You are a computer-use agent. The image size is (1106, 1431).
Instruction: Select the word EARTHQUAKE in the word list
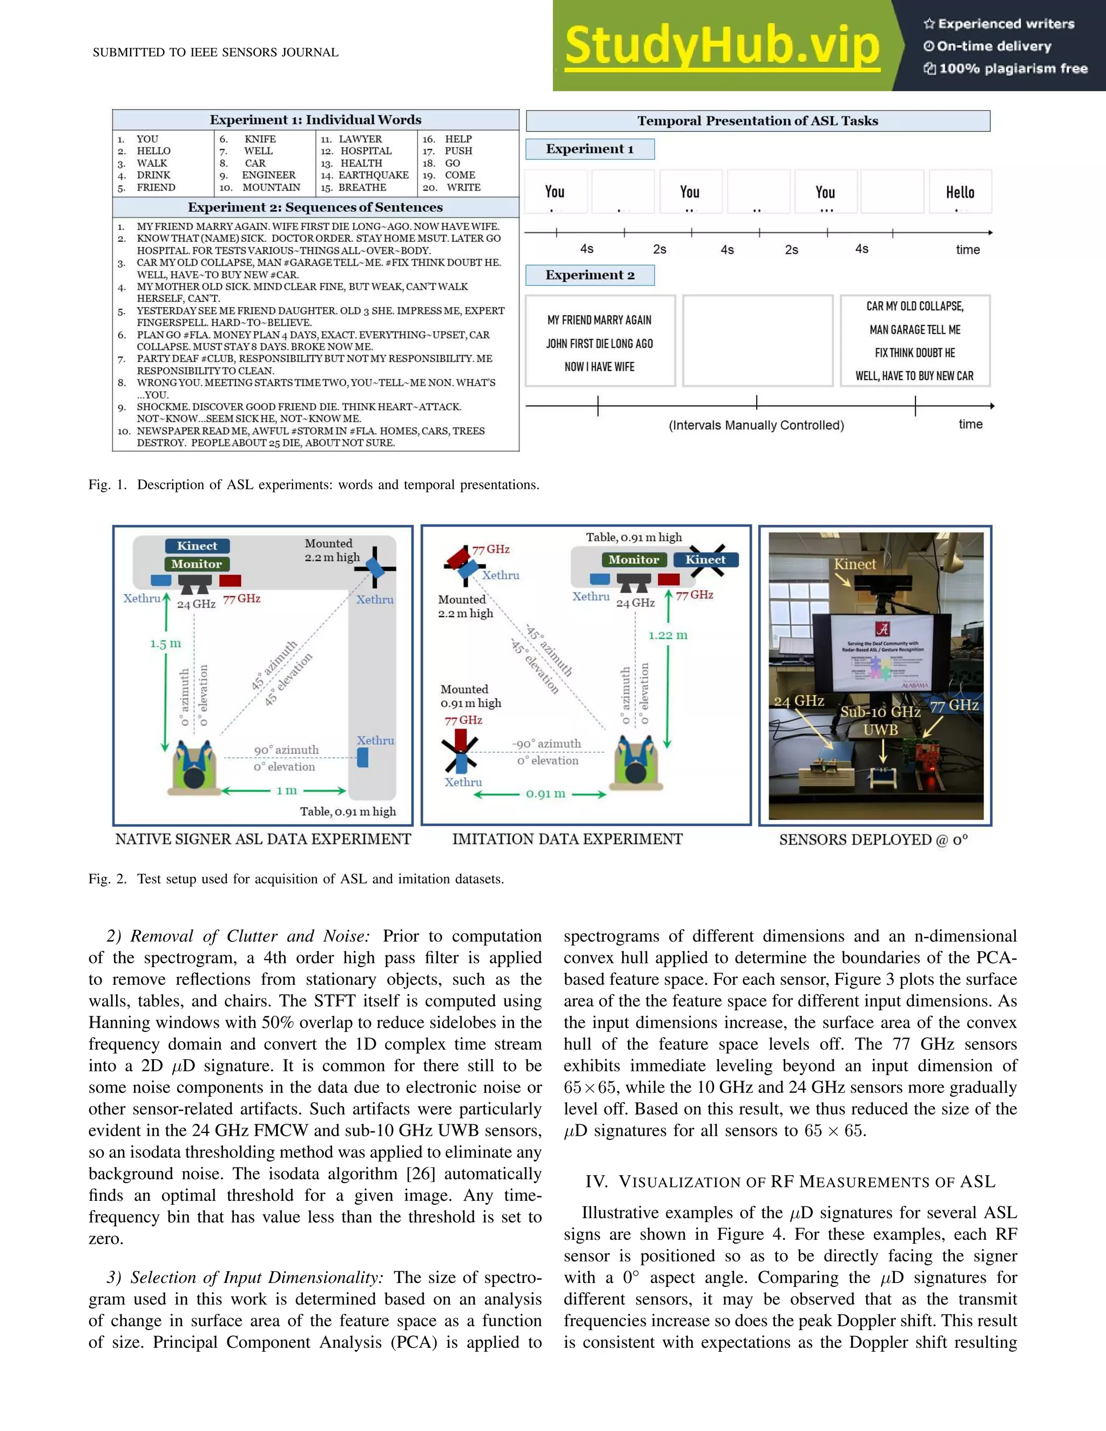coord(374,175)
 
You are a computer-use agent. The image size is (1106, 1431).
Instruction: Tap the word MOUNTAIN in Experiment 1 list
coord(271,187)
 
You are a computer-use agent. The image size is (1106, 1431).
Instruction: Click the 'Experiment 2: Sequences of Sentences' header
coord(315,207)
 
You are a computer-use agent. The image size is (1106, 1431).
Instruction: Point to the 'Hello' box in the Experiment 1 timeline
coord(960,192)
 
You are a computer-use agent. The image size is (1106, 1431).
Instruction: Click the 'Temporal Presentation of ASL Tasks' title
coord(758,120)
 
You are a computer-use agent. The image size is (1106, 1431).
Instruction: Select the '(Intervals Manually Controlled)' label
coord(756,425)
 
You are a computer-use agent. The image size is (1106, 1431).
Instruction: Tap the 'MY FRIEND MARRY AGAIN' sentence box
coord(599,341)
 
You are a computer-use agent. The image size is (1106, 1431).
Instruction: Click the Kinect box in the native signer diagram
coord(197,546)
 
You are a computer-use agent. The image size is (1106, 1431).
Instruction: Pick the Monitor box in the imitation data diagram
coord(633,559)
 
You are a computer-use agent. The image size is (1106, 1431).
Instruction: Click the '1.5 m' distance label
coord(165,644)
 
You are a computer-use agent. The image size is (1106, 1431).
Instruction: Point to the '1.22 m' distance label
coord(667,635)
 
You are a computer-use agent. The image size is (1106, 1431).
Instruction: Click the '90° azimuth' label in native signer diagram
coord(286,750)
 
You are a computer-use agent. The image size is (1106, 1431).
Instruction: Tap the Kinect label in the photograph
coord(854,564)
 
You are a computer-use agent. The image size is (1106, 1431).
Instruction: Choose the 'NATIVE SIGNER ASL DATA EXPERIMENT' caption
coord(264,839)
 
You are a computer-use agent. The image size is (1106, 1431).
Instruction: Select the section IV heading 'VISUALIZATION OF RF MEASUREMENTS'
coord(790,1182)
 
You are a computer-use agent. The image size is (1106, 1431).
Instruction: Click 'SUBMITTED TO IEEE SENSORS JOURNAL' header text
coord(215,52)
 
